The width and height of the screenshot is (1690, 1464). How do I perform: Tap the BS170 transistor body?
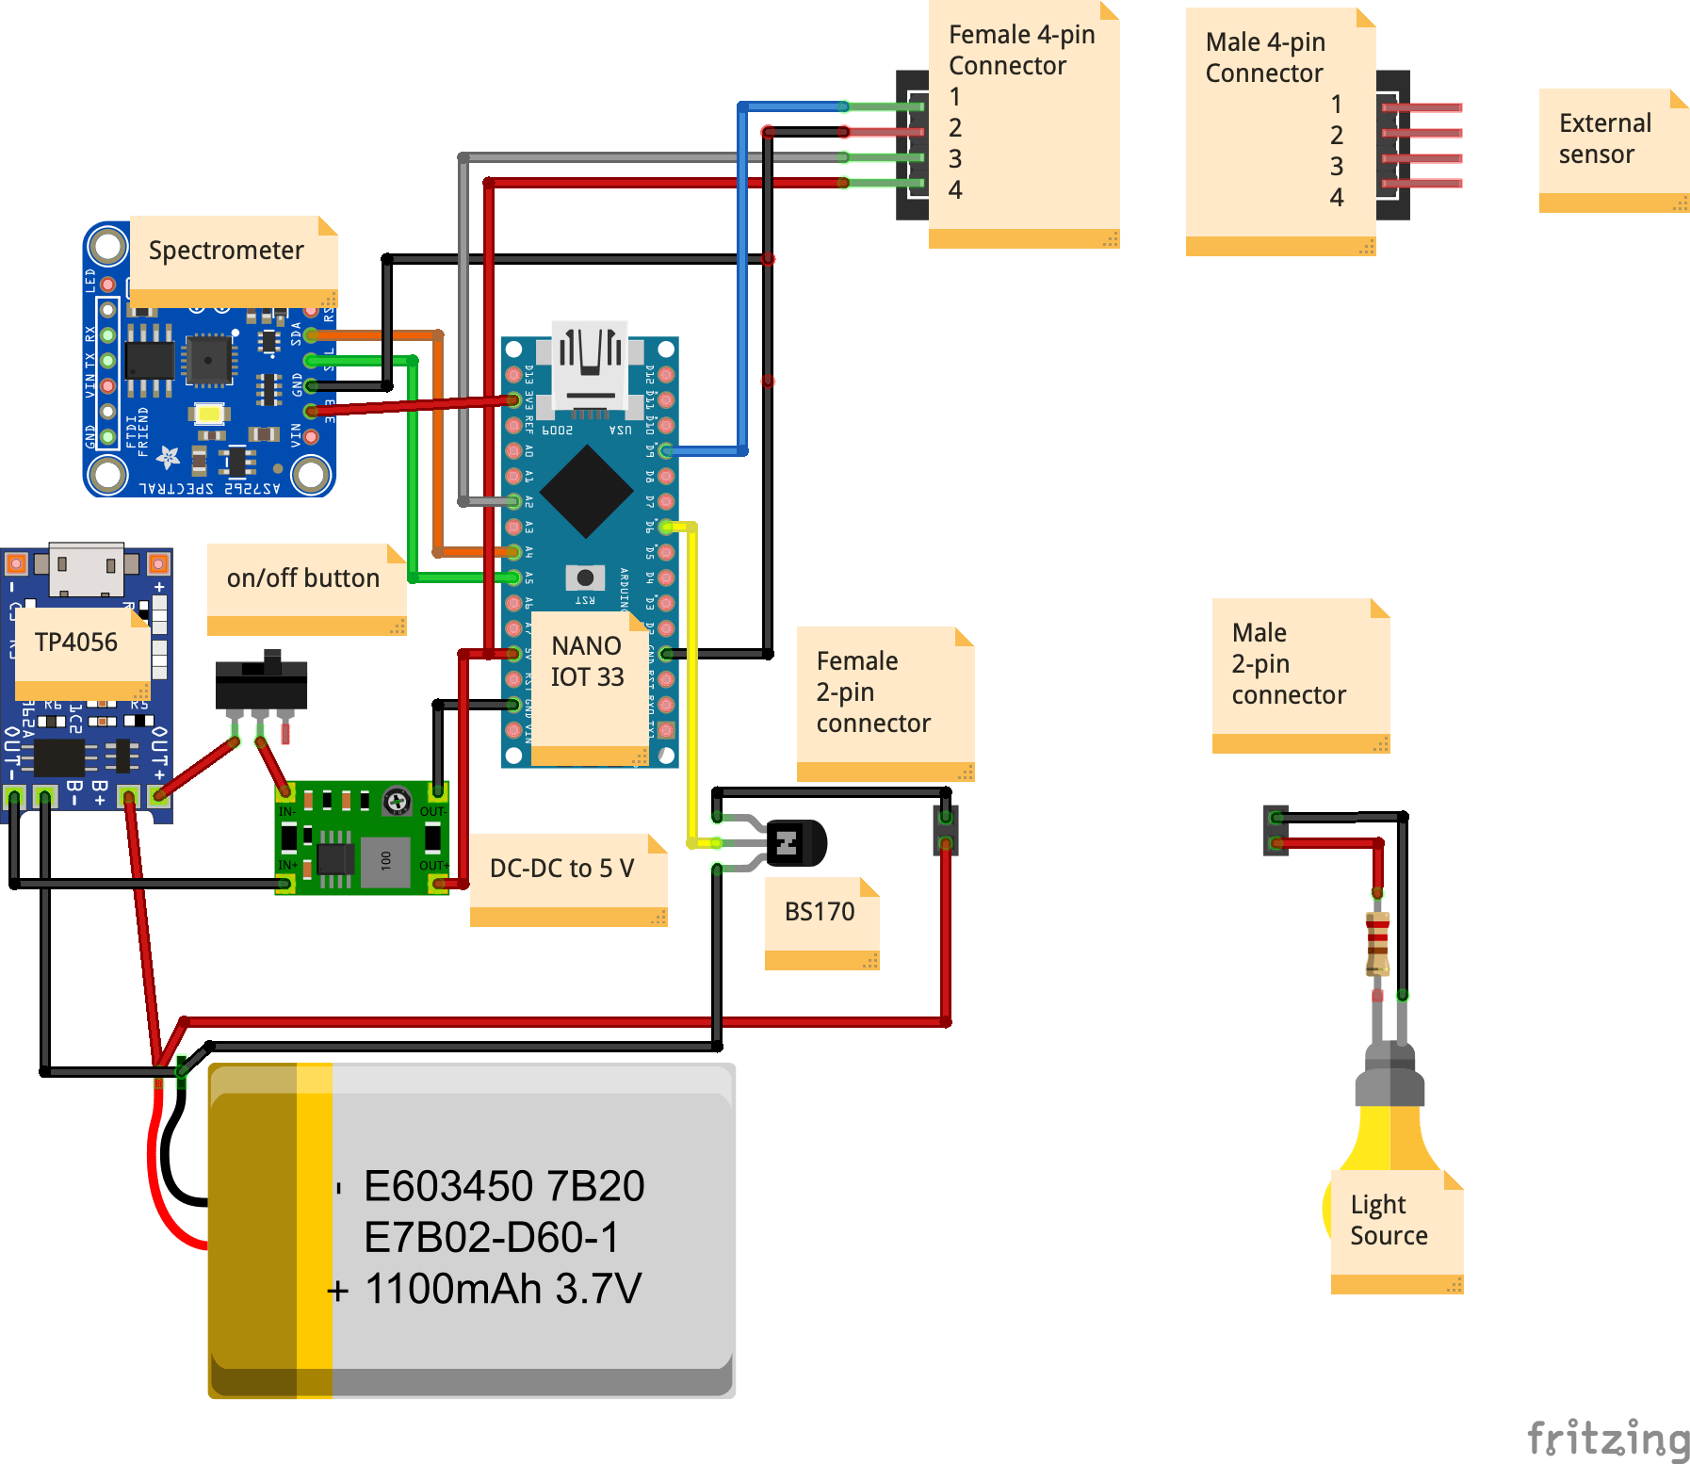[796, 842]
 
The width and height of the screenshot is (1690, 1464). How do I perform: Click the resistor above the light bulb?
[1377, 942]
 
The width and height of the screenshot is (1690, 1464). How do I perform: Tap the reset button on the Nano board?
[585, 577]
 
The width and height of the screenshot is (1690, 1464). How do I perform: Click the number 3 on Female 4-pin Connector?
[955, 158]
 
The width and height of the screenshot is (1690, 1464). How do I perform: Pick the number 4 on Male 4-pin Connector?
[1336, 198]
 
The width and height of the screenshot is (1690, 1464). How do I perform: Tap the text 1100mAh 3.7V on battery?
[503, 1289]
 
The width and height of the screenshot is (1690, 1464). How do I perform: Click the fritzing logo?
[1607, 1440]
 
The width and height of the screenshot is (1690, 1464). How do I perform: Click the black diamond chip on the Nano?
[586, 491]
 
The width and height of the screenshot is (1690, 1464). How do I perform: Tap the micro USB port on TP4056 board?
[87, 568]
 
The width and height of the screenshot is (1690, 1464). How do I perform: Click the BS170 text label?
[820, 912]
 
